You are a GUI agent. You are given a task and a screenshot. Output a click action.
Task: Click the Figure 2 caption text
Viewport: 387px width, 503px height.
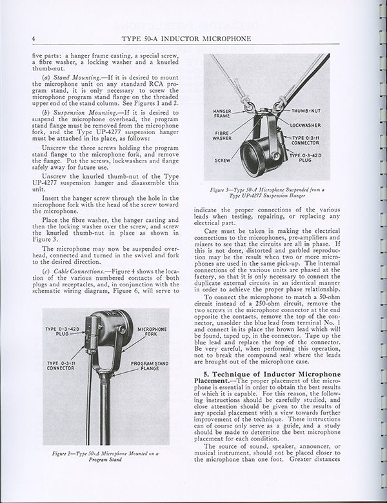(107, 461)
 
